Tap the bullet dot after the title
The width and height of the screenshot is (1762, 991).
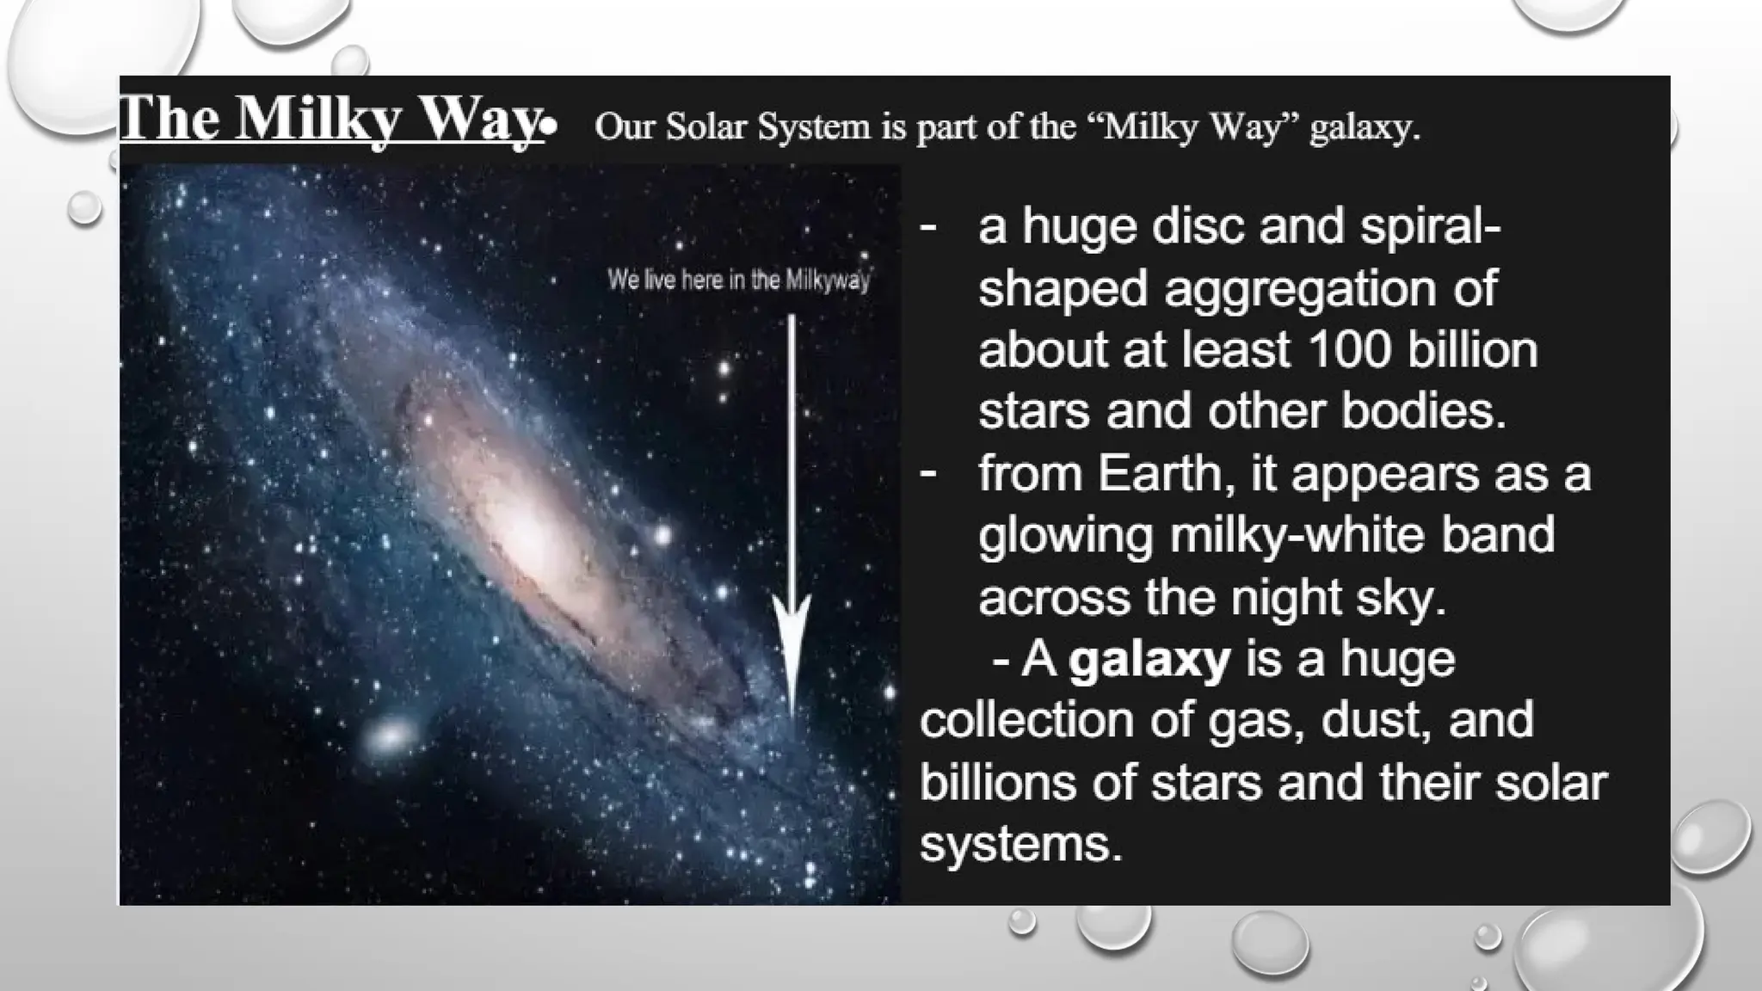550,128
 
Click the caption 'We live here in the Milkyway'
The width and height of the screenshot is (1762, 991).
738,280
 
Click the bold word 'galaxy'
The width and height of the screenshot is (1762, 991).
1149,660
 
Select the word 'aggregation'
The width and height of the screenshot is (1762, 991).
1292,288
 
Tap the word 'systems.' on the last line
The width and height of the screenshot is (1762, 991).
1021,844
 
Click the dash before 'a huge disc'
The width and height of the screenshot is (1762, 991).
927,227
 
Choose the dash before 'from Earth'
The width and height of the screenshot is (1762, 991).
927,473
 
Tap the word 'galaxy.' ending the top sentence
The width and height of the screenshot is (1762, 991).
1365,128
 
